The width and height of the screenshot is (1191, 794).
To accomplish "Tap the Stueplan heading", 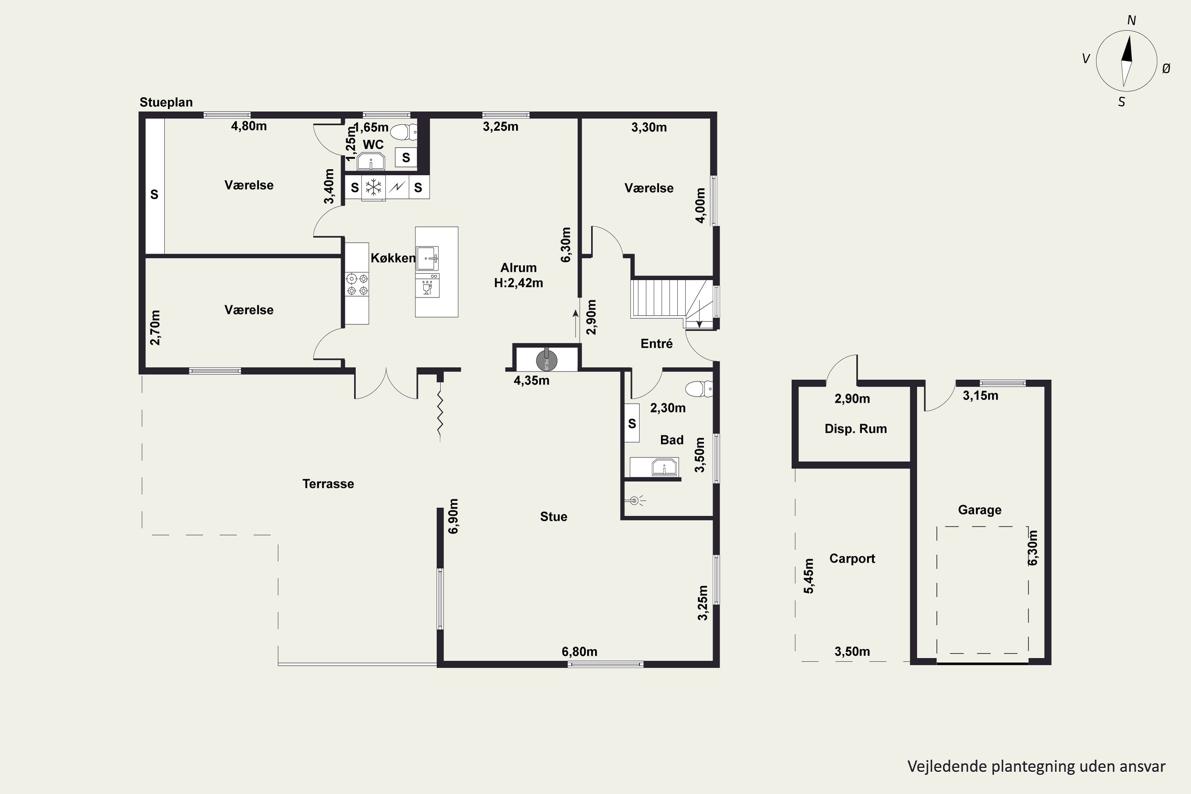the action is point(166,102).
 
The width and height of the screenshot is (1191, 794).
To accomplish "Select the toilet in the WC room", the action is point(404,132).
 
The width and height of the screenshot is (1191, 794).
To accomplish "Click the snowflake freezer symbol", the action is point(374,187).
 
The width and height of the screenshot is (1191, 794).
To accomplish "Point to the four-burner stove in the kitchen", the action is point(357,284).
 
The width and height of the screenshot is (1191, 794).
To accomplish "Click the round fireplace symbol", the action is point(546,360).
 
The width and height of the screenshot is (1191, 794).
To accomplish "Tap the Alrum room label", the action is point(518,268).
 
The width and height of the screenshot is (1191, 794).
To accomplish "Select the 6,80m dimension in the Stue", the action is point(579,652).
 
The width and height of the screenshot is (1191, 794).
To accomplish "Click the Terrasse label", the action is point(328,484).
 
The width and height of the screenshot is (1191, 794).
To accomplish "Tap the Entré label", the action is point(657,344).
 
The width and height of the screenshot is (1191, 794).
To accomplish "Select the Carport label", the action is point(852,559).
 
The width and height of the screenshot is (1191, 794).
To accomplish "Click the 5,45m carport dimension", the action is point(809,576).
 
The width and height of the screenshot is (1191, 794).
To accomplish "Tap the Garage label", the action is point(979,510).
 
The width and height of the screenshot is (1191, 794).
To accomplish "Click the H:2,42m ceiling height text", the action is point(518,283).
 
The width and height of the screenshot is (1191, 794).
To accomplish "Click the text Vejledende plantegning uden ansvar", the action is point(1036,767).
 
